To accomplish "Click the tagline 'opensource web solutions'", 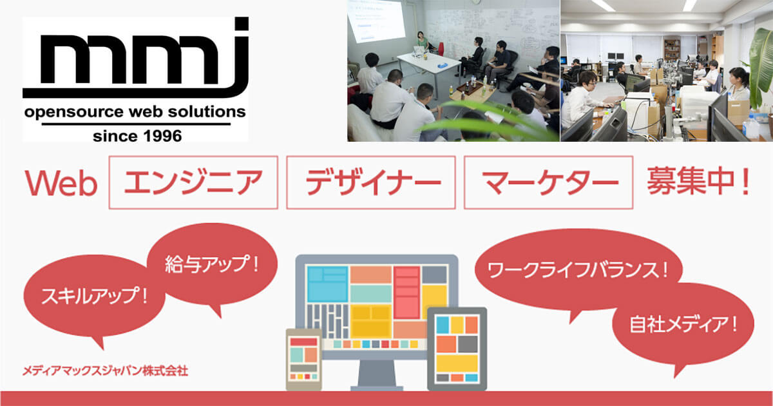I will click(135, 112).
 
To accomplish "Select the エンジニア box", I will click(193, 182).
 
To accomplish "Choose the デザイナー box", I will click(370, 182).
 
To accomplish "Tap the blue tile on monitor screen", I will click(327, 284).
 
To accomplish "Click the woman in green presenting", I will click(423, 41).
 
